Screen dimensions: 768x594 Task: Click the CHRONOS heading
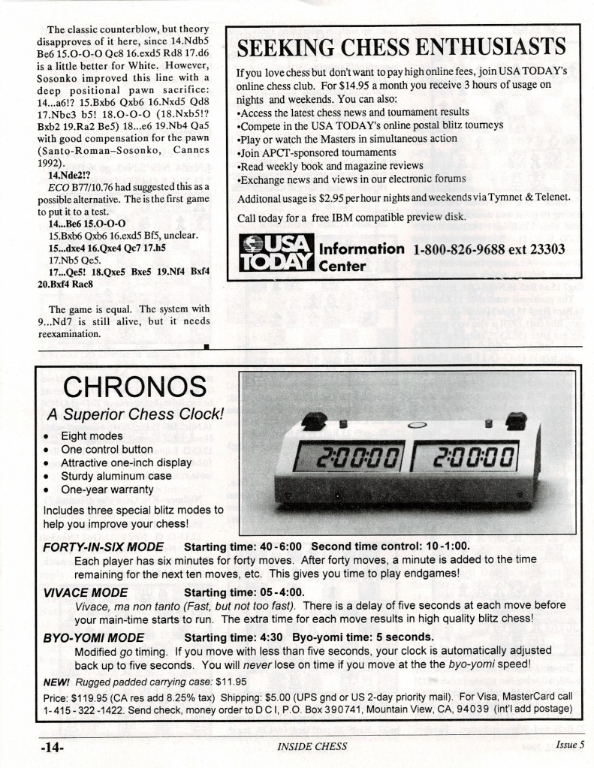[x=134, y=387]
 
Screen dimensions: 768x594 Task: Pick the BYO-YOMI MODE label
[x=92, y=638]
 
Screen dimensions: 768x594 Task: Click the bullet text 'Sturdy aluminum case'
[x=116, y=476]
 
